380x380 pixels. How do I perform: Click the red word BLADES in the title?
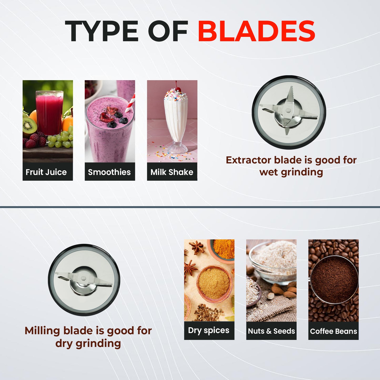tap(256, 31)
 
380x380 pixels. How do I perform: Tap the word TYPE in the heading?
tap(101, 31)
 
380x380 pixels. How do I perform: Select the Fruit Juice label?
tap(46, 172)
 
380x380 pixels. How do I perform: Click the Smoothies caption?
tap(109, 172)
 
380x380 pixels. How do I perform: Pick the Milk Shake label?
tap(172, 172)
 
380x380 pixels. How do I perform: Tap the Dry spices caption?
tap(209, 330)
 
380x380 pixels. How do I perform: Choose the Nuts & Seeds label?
tap(271, 331)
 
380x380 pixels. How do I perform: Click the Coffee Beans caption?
tap(333, 331)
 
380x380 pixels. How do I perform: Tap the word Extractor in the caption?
tap(249, 160)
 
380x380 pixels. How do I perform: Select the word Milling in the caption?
tap(42, 331)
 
